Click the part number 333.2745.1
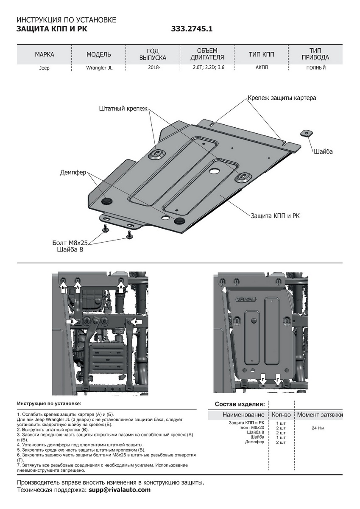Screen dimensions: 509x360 (192, 29)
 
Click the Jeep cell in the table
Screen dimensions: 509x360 (45, 68)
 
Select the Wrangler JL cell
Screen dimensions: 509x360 (99, 68)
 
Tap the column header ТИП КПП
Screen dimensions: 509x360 (262, 54)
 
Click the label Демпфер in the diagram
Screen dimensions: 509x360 (73, 172)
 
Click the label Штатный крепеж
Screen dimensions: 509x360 (123, 109)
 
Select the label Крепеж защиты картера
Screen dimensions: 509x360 (282, 98)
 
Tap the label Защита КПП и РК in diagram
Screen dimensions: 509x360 (275, 216)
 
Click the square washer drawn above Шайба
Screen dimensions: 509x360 (307, 133)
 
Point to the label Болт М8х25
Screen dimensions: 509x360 (70, 243)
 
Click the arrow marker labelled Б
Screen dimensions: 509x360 (63, 288)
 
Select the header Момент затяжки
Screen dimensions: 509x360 (320, 414)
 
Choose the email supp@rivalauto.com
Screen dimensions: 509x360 (120, 490)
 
